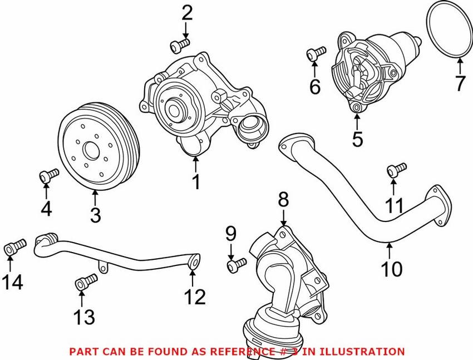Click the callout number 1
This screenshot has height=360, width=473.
click(x=196, y=181)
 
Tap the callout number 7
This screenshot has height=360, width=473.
click(x=459, y=84)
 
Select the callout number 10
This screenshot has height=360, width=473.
click(x=392, y=269)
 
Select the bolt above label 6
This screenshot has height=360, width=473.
click(x=316, y=53)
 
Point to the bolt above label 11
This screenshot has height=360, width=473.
click(x=397, y=168)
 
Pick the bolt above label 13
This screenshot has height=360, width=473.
click(x=83, y=284)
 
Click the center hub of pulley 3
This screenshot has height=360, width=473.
click(x=90, y=150)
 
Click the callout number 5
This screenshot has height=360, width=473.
click(x=357, y=139)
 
